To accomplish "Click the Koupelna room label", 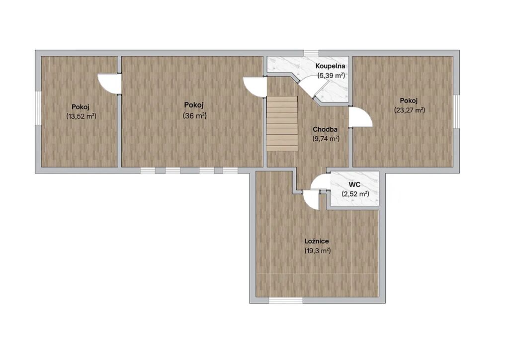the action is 330,66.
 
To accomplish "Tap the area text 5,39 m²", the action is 331,76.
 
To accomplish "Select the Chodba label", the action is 325,129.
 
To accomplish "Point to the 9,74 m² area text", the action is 326,139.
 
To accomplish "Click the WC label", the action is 354,184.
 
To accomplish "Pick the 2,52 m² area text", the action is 355,194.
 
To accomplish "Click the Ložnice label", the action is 317,241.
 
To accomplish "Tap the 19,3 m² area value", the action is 318,251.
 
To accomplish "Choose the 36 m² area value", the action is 195,115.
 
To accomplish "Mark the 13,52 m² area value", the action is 81,116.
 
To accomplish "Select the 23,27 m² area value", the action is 410,110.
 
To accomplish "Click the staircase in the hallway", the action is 282,123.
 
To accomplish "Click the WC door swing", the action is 320,181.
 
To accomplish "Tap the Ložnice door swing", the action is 311,200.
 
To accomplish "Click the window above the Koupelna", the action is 311,53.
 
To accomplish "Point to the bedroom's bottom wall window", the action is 286,301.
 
